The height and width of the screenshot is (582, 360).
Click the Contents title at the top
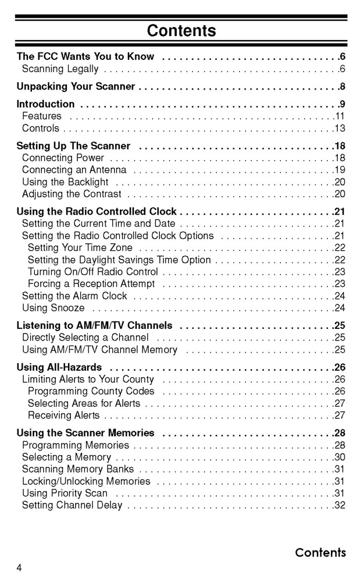coord(181,30)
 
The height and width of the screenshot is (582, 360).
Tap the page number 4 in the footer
coord(19,567)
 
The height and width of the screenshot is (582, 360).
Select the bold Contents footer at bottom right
coord(320,552)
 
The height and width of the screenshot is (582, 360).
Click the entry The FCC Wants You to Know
coord(85,56)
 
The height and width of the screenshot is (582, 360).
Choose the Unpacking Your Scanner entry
coord(76,87)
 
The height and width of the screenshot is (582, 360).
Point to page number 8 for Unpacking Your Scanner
coord(343,87)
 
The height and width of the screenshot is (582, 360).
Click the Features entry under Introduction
coord(41,116)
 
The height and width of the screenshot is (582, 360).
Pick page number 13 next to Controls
coord(340,129)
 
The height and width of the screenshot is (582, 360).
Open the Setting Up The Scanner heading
coord(73,145)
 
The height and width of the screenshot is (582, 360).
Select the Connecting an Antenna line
coord(74,170)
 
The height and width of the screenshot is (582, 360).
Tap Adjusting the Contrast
coord(72,194)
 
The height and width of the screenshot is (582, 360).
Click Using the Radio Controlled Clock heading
coord(97,211)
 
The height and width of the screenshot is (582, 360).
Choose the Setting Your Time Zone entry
coord(80,247)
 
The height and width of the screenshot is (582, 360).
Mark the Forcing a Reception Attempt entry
coord(91,284)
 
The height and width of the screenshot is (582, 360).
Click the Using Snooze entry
coord(53,308)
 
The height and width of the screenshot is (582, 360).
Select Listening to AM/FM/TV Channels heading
coord(94,325)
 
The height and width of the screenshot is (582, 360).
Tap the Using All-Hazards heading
coord(59,367)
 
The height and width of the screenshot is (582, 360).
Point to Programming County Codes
coord(91,391)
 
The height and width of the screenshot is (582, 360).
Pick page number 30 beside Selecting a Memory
coord(340,457)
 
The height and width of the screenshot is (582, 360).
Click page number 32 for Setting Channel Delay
coord(340,505)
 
